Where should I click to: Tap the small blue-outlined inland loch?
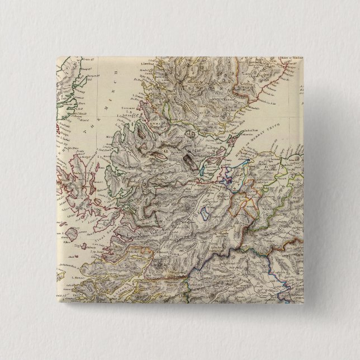(x=203, y=212)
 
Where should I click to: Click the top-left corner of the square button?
(x=56, y=55)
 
